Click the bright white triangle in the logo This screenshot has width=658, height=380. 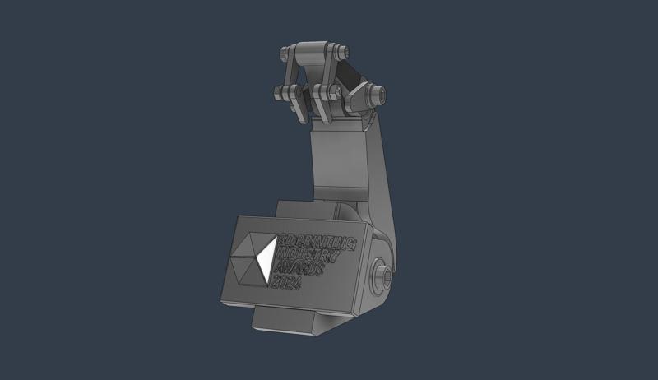[x=266, y=260]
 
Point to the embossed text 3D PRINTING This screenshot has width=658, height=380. [x=317, y=241]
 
